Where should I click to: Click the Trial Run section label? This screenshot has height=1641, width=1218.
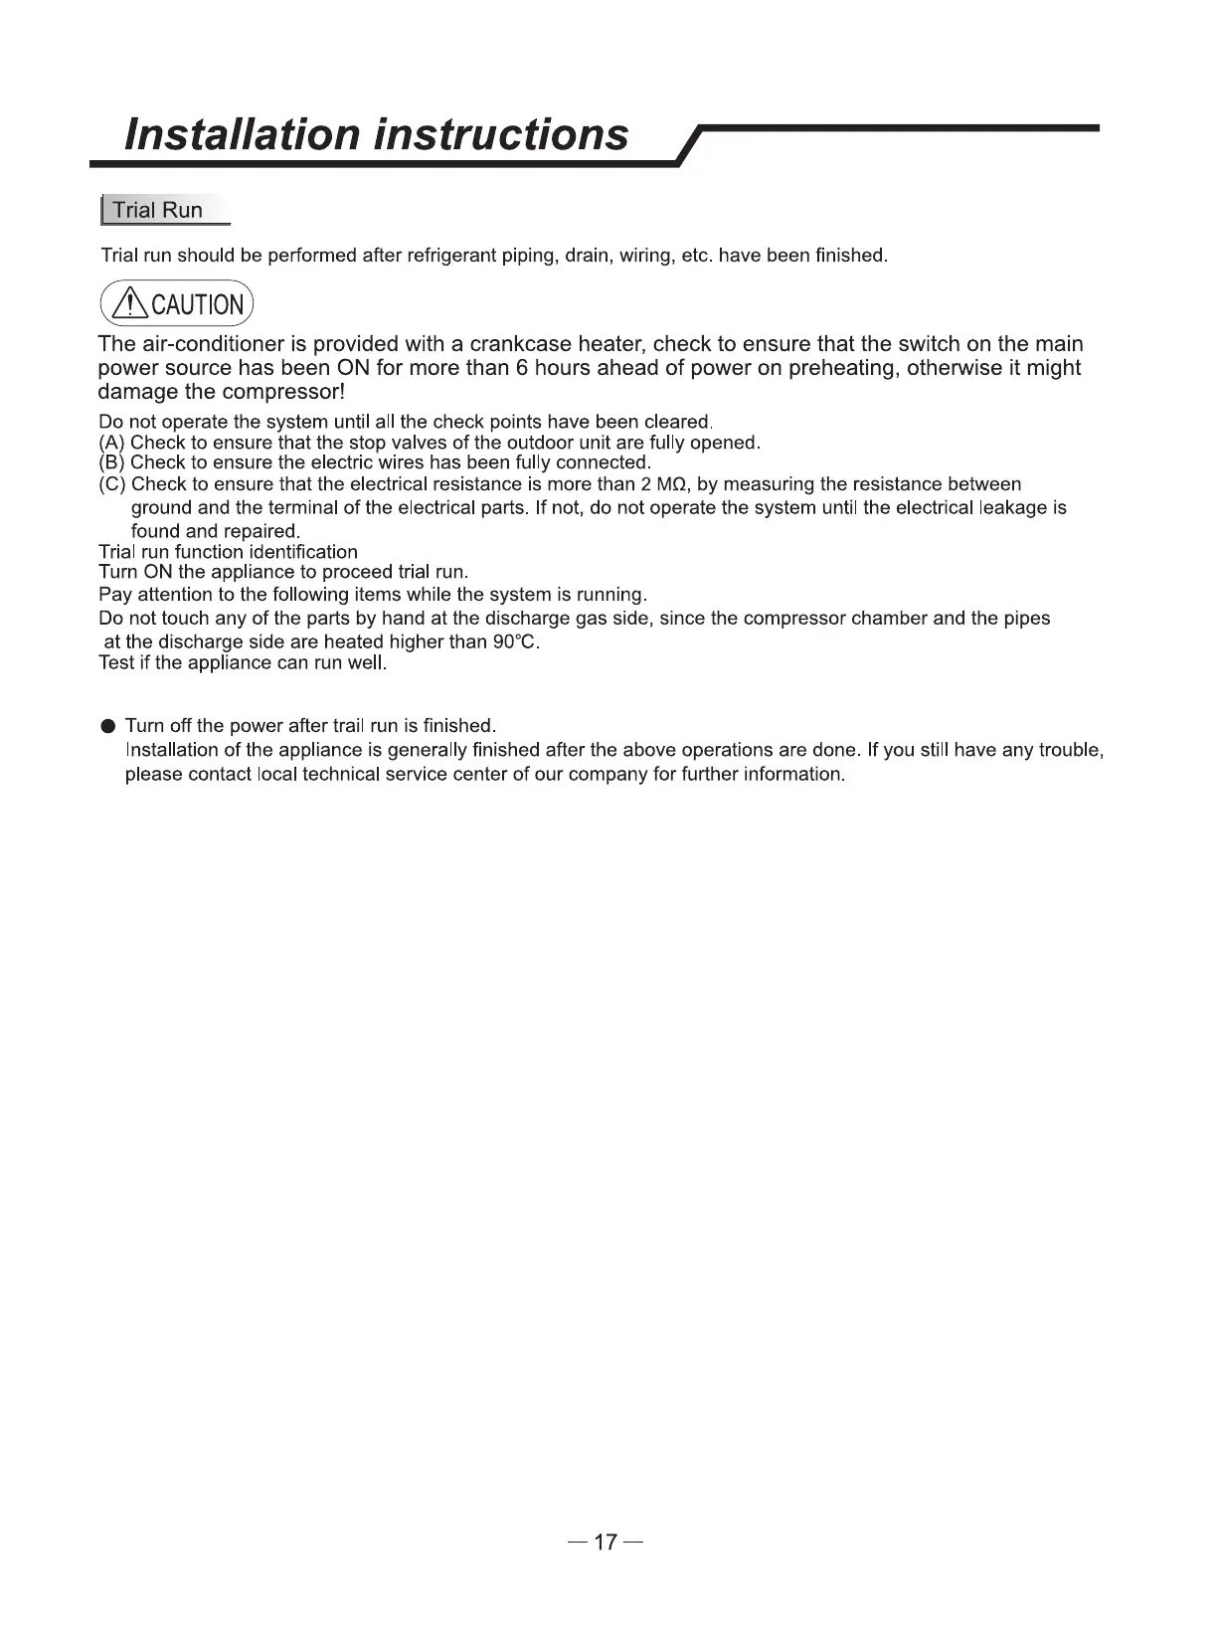(157, 210)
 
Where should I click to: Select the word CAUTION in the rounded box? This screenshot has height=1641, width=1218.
(197, 305)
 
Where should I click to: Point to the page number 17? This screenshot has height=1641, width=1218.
(606, 1543)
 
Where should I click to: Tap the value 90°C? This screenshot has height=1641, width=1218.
(515, 641)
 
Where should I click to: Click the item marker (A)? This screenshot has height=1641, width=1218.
(112, 443)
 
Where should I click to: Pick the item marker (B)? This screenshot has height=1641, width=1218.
(112, 462)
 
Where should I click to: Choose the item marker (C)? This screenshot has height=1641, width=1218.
(112, 484)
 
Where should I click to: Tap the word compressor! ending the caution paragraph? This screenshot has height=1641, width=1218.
(289, 392)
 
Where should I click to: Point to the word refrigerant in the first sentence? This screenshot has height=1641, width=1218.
(453, 256)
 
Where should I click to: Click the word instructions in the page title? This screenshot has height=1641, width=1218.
(501, 134)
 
